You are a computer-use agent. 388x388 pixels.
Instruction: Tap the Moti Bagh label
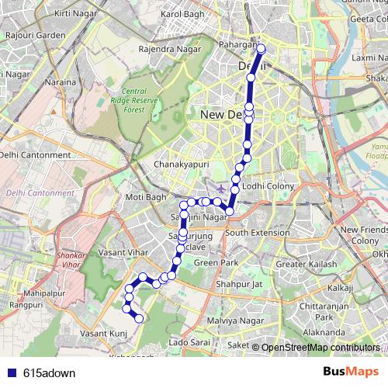point(146,197)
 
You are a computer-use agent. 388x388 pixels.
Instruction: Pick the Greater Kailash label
point(302,265)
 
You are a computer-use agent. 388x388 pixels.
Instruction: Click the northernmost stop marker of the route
point(261,49)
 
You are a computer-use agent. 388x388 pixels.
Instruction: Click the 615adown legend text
point(50,372)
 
